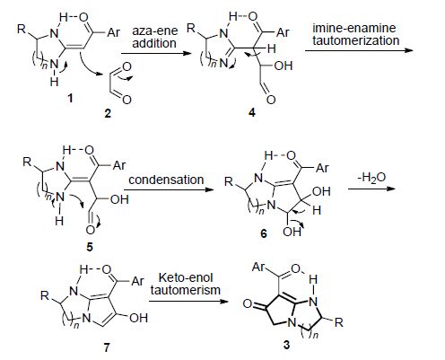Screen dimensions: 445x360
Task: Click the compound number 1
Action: point(70,98)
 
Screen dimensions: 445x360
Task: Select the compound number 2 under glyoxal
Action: point(108,113)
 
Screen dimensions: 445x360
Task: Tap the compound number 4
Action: point(252,112)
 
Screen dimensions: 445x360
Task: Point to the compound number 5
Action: point(90,247)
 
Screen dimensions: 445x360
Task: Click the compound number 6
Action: point(264,233)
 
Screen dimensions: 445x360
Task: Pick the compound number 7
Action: point(107,347)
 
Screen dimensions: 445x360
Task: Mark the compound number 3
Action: point(286,345)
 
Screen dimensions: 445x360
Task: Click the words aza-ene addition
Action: point(154,37)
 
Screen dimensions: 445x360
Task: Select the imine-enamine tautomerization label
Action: point(356,34)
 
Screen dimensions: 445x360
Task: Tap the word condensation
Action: point(166,180)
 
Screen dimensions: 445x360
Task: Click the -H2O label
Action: point(371,178)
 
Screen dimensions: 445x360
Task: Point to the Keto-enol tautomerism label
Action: point(186,284)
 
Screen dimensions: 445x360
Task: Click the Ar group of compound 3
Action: point(259,266)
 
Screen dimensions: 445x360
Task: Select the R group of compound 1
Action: point(22,29)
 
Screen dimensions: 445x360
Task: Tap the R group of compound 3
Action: point(338,322)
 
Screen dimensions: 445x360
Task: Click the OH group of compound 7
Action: point(138,318)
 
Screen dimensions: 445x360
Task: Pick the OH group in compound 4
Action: point(283,66)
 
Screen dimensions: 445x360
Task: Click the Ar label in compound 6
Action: point(322,168)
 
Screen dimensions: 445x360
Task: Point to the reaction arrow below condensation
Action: point(169,189)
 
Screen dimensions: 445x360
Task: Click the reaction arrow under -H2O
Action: point(372,189)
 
